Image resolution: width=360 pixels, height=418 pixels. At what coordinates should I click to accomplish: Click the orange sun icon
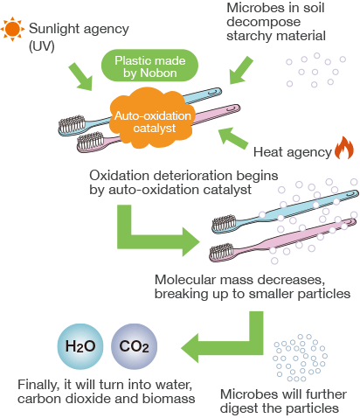(12, 29)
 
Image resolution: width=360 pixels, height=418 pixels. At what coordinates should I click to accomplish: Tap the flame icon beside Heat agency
(344, 148)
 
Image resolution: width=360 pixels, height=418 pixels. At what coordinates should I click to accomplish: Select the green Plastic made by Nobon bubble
(149, 66)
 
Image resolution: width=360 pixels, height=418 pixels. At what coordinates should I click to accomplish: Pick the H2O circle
(80, 346)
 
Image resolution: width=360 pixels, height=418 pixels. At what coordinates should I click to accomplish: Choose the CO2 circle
(134, 346)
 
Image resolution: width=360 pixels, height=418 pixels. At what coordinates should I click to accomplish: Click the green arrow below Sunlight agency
(81, 77)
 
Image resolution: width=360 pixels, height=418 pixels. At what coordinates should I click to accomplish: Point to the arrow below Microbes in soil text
(240, 71)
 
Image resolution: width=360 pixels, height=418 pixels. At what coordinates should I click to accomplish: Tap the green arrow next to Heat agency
(232, 138)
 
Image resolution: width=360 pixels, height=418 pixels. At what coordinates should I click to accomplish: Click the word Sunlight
(54, 29)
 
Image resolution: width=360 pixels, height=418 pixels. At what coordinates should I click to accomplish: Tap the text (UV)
(42, 46)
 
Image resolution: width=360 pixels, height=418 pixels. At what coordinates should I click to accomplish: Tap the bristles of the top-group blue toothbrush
(72, 124)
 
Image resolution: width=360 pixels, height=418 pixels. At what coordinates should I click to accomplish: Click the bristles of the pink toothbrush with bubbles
(222, 251)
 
